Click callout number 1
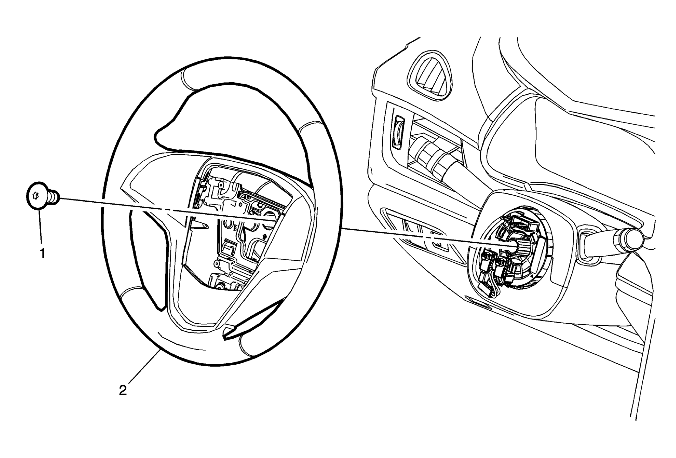pyautogui.click(x=42, y=253)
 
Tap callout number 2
pyautogui.click(x=123, y=390)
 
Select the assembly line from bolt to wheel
pyautogui.click(x=165, y=210)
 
